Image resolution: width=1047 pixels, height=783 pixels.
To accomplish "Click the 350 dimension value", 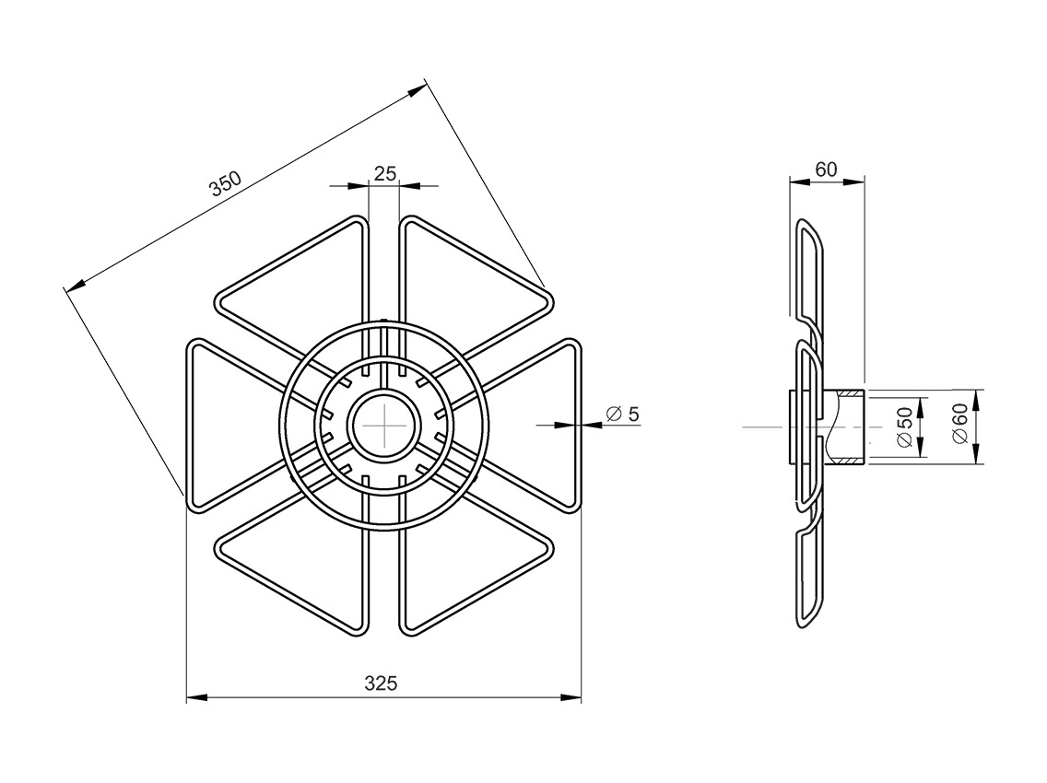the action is point(224,184).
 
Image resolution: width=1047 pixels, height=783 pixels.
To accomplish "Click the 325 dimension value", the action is point(381,683).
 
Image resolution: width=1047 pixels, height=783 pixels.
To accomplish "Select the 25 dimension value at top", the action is point(384,173).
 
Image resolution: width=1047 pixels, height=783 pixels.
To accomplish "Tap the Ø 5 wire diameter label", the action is point(622,414).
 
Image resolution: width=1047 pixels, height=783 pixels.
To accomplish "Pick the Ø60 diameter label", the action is point(959,424).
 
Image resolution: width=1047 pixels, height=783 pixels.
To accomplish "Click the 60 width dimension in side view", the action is point(826,169).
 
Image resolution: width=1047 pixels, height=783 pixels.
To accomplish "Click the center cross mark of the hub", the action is point(384,426).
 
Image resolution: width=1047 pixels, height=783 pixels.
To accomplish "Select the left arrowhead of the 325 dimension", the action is point(195,697).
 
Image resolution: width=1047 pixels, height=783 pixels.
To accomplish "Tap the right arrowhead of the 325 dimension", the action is point(571,697).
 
